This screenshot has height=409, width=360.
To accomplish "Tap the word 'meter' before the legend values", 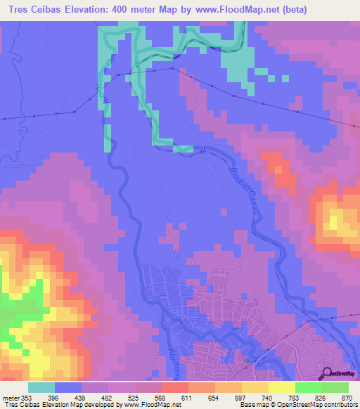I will click(x=12, y=397).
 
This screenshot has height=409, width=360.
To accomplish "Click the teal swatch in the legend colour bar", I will click(x=41, y=387).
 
